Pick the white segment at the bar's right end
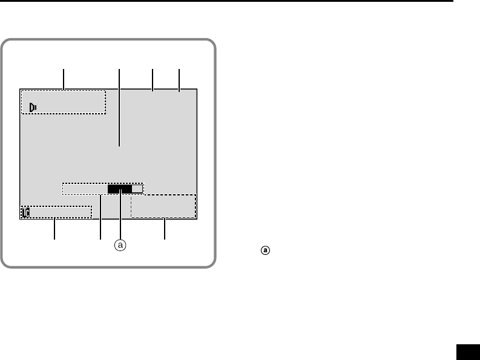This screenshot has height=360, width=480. (137, 189)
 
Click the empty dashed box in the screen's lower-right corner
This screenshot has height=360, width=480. (163, 206)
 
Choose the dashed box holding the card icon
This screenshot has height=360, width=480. (58, 212)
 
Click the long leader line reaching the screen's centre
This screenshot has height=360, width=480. (119, 109)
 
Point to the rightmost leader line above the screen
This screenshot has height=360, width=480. (180, 80)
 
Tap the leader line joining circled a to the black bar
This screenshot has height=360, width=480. (122, 217)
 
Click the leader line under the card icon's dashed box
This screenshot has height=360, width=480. (55, 229)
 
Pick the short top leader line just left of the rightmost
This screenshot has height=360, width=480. (153, 80)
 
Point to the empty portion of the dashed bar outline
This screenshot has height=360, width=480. (85, 189)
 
